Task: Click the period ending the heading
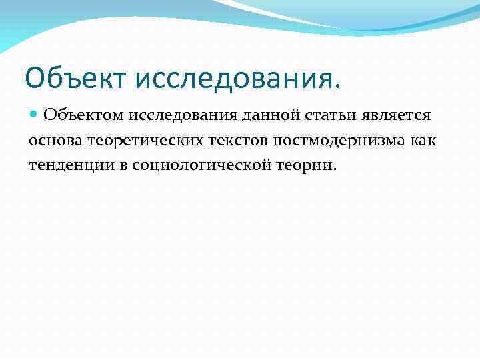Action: [335, 87]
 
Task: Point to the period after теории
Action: [335, 169]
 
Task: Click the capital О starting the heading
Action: [35, 79]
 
